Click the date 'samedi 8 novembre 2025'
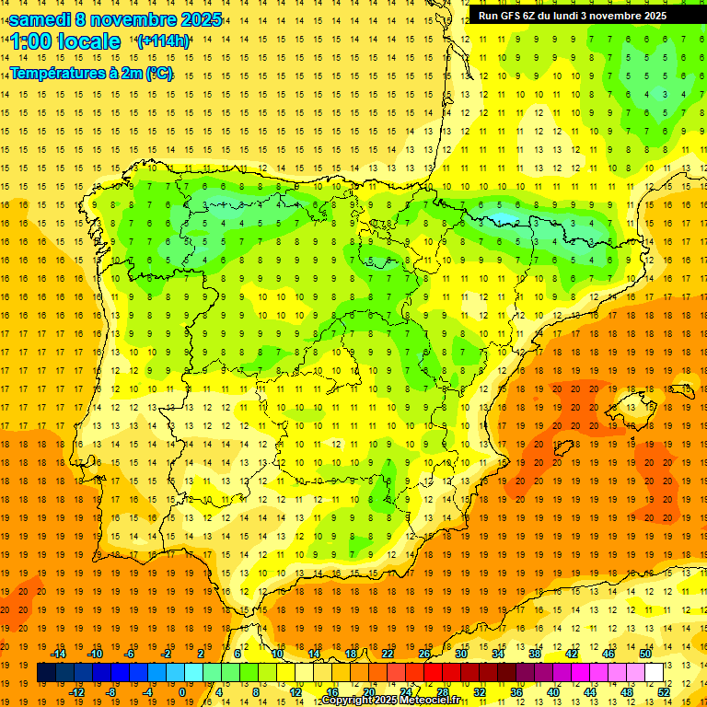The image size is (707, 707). (115, 19)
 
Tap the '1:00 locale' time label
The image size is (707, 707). (65, 41)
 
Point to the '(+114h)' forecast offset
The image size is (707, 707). (163, 41)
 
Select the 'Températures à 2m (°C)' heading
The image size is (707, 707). (91, 73)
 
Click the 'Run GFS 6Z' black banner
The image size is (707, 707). (580, 16)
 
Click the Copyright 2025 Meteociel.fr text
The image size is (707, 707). (390, 701)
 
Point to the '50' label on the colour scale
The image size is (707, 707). (644, 654)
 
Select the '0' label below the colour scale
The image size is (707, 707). (182, 692)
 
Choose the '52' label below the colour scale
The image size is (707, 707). (664, 692)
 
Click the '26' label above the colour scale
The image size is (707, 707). (424, 654)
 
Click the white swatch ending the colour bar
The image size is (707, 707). (654, 673)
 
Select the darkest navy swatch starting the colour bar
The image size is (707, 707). (46, 673)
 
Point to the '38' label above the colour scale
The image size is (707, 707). (535, 654)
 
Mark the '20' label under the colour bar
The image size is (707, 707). (369, 692)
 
